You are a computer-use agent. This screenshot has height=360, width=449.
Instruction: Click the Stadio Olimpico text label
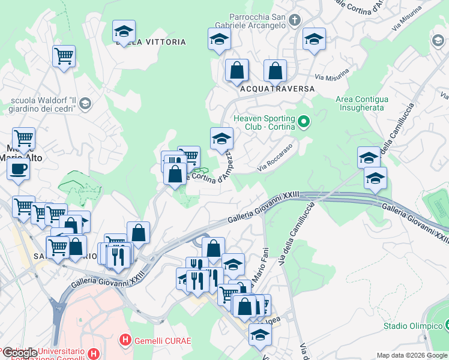click(412, 326)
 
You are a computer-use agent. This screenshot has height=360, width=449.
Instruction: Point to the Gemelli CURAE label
click(163, 341)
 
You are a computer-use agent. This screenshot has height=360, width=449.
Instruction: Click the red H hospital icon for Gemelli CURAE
click(125, 340)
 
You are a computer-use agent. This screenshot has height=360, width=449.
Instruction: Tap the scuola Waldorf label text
click(42, 104)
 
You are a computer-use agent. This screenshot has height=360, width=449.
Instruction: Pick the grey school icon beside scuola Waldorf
click(85, 104)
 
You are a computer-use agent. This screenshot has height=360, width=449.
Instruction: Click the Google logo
click(20, 352)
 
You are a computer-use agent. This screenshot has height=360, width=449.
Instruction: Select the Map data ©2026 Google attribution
click(411, 355)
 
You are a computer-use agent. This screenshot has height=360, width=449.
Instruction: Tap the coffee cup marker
click(18, 169)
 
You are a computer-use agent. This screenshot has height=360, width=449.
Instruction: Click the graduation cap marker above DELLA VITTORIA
click(124, 32)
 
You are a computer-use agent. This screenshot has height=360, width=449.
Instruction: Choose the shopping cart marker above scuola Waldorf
click(64, 57)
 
